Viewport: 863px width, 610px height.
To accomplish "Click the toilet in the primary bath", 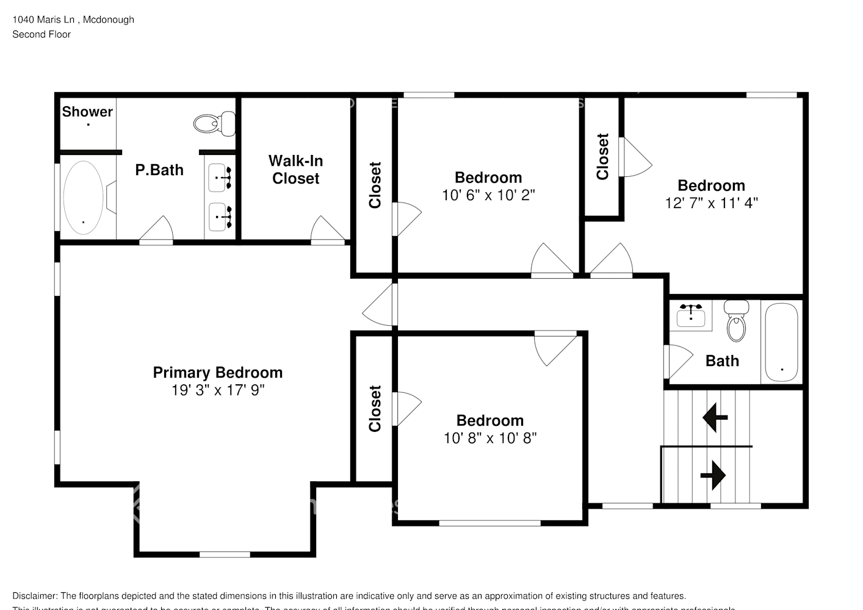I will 215,124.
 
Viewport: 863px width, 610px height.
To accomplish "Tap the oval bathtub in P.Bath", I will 84,197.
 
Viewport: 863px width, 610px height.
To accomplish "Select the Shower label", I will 87,112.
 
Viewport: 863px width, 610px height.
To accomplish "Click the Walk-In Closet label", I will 295,170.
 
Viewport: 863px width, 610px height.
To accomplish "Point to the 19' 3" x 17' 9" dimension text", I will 217,390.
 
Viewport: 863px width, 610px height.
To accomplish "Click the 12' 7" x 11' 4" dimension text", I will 711,203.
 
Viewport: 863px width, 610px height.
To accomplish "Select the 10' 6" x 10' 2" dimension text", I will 488,195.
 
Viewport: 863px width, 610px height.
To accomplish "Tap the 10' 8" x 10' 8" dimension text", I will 489,438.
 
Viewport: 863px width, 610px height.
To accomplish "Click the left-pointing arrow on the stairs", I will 715,418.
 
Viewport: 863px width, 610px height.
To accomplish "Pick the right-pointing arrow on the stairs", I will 713,475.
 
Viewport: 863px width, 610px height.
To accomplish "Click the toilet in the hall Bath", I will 737,321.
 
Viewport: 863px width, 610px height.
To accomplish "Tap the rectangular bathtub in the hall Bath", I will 781,342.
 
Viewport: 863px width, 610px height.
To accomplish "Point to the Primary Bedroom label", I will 217,372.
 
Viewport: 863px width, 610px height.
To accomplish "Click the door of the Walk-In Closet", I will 328,232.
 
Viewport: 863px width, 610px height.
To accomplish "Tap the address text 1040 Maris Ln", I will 43,20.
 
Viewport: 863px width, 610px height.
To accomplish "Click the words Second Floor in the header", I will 42,34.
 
